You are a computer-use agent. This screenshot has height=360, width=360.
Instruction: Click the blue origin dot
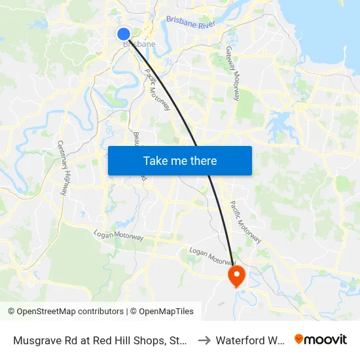pyautogui.click(x=124, y=34)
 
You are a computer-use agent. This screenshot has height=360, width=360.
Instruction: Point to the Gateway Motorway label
pyautogui.click(x=232, y=65)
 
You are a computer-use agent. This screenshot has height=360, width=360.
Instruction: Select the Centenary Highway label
pyautogui.click(x=63, y=168)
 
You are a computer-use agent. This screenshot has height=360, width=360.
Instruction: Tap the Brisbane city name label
pyautogui.click(x=139, y=45)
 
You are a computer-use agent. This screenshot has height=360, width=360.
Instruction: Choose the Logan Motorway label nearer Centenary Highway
pyautogui.click(x=119, y=235)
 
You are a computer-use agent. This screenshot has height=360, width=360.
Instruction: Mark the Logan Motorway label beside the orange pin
pyautogui.click(x=211, y=255)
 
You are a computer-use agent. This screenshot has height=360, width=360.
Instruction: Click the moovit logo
pyautogui.click(x=320, y=339)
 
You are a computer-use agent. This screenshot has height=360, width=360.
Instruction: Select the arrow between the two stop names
pyautogui.click(x=204, y=340)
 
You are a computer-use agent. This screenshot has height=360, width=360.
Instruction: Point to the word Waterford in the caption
pyautogui.click(x=241, y=340)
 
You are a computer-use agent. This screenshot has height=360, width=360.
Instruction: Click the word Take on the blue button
pyautogui.click(x=156, y=160)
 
